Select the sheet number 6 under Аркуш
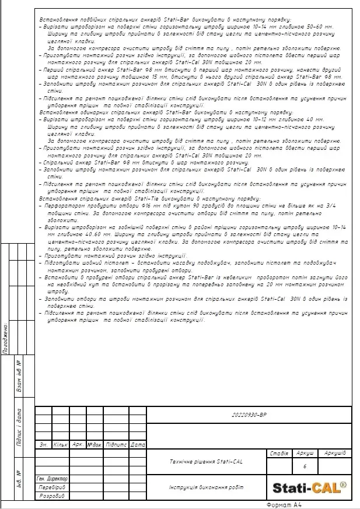(305, 466)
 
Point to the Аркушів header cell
(335, 453)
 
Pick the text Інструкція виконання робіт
(206, 487)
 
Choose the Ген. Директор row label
(52, 478)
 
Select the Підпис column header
(116, 445)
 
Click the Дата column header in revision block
(138, 445)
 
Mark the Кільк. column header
(61, 445)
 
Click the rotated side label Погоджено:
(5, 338)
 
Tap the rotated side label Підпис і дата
(19, 431)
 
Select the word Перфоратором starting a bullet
(66, 205)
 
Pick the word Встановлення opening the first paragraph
(56, 19)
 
